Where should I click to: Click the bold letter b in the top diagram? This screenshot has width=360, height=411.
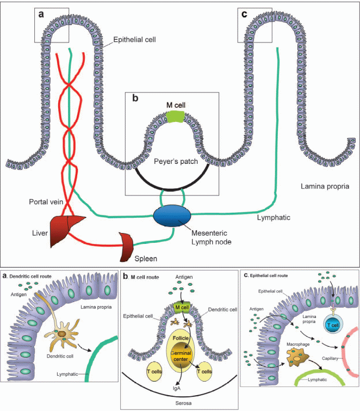click(x=134, y=99)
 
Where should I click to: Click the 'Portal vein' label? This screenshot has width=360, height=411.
click(x=34, y=202)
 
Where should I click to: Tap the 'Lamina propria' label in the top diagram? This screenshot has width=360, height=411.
click(x=324, y=186)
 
